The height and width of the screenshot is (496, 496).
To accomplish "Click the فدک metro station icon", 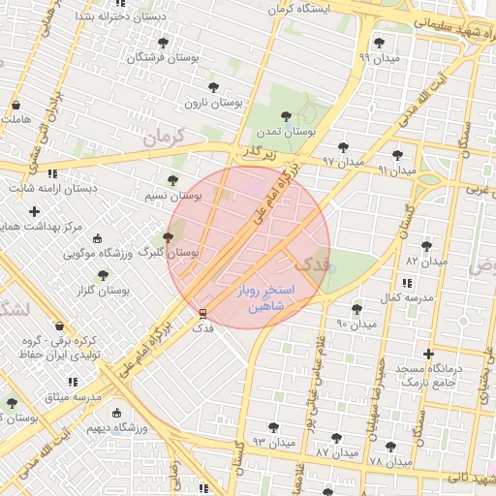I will (x=202, y=313).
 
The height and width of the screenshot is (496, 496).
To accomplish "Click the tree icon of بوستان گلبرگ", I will (x=169, y=236).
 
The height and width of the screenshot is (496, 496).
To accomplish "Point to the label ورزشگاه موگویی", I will (x=97, y=254).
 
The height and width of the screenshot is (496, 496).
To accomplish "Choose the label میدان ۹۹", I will (x=378, y=57).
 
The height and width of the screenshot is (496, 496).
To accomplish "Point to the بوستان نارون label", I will (x=214, y=102).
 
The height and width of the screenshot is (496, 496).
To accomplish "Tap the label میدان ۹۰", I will (x=356, y=323).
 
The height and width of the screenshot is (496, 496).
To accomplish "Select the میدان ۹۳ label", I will (x=273, y=442).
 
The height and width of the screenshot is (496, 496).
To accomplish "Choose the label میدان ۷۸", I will (x=389, y=461).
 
